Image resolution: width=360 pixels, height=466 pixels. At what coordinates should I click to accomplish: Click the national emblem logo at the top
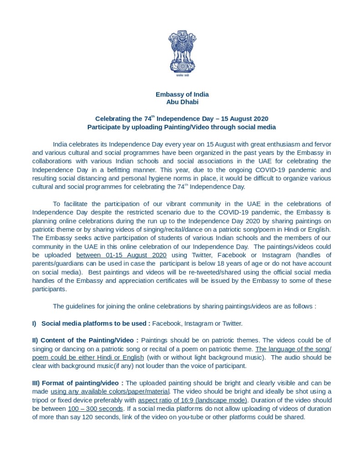point(182,53)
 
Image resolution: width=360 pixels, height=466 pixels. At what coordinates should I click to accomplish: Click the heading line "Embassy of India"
point(182,94)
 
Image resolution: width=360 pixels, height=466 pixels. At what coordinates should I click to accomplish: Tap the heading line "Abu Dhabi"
point(182,102)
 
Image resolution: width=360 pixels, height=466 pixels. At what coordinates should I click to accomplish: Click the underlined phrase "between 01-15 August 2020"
point(121,255)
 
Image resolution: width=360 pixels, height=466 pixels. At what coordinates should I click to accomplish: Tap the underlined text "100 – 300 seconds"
point(95,409)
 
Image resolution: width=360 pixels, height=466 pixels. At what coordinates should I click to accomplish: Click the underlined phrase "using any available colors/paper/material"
point(110,392)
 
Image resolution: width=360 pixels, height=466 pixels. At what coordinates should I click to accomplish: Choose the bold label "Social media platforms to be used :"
point(96,323)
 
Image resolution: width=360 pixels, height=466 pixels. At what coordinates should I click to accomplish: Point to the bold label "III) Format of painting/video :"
point(78,383)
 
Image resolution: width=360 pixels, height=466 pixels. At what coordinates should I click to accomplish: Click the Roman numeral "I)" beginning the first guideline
point(35,323)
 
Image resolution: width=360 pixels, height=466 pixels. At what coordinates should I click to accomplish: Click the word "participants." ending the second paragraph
point(50,289)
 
